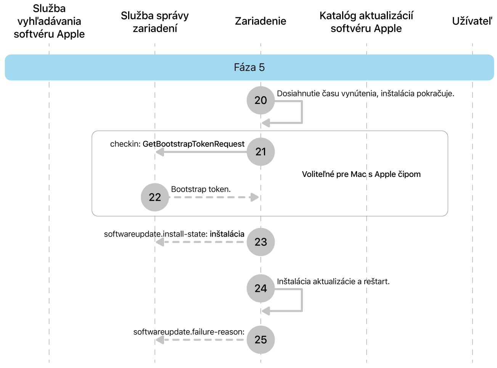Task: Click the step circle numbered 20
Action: pyautogui.click(x=261, y=100)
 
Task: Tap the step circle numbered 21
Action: pyautogui.click(x=261, y=152)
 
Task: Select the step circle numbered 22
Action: pyautogui.click(x=155, y=197)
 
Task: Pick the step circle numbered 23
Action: pyautogui.click(x=261, y=242)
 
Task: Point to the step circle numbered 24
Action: pyautogui.click(x=261, y=288)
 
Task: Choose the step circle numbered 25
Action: pyautogui.click(x=261, y=339)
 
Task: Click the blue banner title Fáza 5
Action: pyautogui.click(x=249, y=68)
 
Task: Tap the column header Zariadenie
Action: pyautogui.click(x=261, y=21)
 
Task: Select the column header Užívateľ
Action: pyautogui.click(x=472, y=21)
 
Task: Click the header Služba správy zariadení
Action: pyautogui.click(x=155, y=22)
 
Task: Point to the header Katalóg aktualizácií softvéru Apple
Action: pyautogui.click(x=366, y=22)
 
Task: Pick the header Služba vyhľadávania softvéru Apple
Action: pyautogui.click(x=49, y=21)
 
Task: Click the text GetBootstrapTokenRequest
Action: pyautogui.click(x=193, y=144)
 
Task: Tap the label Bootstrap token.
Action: pyautogui.click(x=201, y=190)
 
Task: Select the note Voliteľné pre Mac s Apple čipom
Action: pyautogui.click(x=361, y=174)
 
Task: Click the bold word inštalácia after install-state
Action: pyautogui.click(x=227, y=234)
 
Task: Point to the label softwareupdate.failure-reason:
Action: pyautogui.click(x=189, y=332)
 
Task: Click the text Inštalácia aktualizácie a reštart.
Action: pyautogui.click(x=333, y=282)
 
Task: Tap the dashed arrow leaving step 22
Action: pyautogui.click(x=214, y=197)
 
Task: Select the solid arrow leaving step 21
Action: pyautogui.click(x=202, y=152)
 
